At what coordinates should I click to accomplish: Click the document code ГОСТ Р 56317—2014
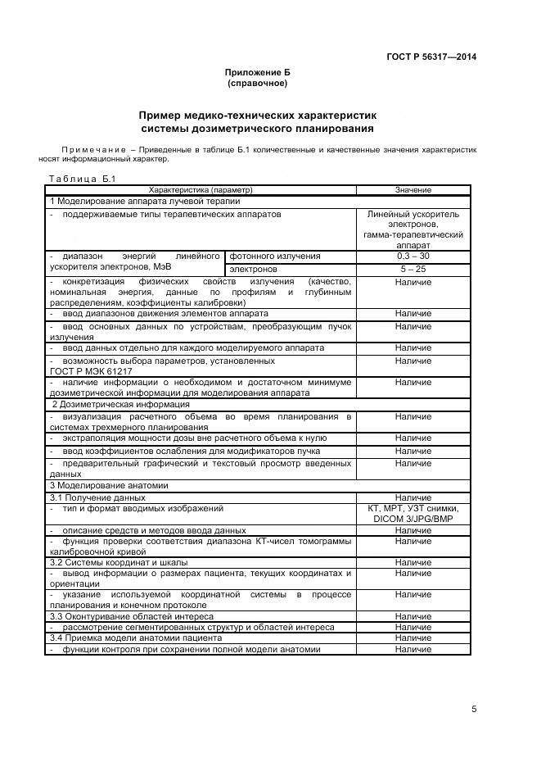431,57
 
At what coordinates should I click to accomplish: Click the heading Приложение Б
257,73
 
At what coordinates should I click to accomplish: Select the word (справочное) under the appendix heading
257,84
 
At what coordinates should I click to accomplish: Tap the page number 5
474,709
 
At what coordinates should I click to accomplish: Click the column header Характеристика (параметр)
201,189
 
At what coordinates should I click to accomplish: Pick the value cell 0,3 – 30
413,256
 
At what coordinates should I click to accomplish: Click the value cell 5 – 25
413,269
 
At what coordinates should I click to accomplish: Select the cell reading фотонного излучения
274,256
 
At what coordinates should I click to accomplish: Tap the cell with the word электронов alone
253,269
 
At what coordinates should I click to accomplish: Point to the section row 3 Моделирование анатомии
109,485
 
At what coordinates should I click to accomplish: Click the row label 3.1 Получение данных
97,497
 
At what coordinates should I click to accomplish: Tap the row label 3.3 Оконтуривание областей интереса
132,616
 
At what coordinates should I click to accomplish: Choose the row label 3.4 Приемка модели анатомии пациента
136,638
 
